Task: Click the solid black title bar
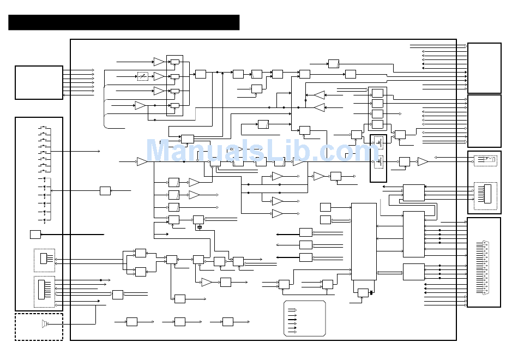click(x=124, y=22)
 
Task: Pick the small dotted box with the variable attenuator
click(x=143, y=76)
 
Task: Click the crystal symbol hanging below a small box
click(x=199, y=227)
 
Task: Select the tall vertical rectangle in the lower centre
click(x=364, y=241)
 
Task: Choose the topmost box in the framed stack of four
click(x=377, y=93)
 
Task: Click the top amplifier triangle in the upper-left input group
click(x=159, y=62)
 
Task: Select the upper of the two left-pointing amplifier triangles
click(x=319, y=95)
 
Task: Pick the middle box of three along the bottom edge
click(x=180, y=322)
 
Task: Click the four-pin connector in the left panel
click(x=44, y=259)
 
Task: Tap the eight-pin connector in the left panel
click(x=44, y=290)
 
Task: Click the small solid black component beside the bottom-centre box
click(x=371, y=293)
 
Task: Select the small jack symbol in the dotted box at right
click(x=485, y=160)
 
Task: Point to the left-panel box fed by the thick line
click(x=35, y=235)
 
